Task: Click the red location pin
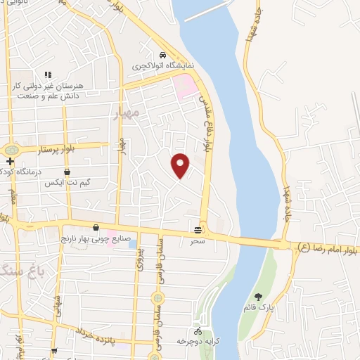[181, 165]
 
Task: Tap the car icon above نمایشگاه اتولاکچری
[162, 55]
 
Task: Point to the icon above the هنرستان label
[48, 74]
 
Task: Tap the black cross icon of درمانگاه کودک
[11, 162]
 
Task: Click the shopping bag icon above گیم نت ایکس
[67, 172]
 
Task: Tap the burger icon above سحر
[199, 229]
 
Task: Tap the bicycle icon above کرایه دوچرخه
[198, 331]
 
